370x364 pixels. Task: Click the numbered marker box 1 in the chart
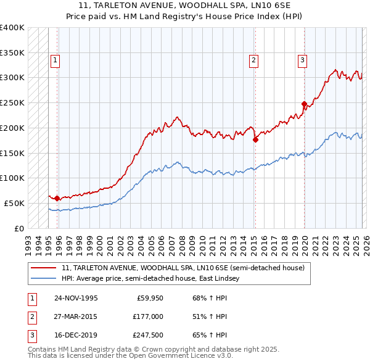point(55,60)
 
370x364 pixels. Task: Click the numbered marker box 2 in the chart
point(253,60)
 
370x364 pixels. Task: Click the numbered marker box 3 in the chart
point(303,60)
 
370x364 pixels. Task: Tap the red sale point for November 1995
point(57,198)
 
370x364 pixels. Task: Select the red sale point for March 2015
point(255,139)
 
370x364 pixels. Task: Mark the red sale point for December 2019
point(304,104)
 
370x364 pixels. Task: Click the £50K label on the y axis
point(14,203)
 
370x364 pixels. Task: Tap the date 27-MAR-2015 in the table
point(76,316)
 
